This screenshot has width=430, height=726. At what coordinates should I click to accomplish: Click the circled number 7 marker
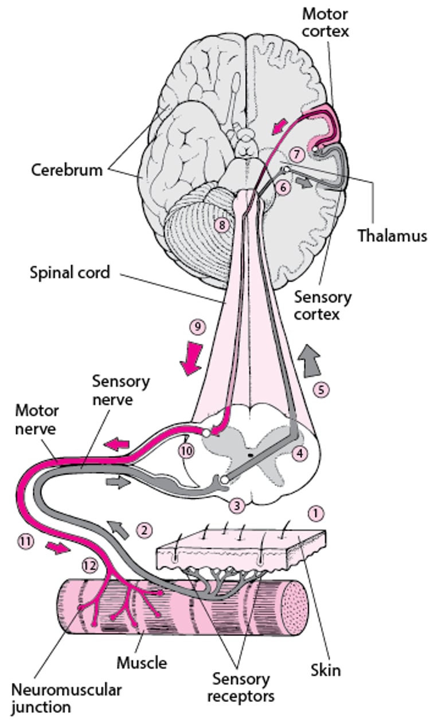(x=295, y=154)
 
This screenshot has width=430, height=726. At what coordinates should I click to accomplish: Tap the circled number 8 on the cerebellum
(x=221, y=225)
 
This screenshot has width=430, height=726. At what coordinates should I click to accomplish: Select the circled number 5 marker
(x=321, y=390)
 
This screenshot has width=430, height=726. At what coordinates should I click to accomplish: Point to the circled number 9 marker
(x=196, y=327)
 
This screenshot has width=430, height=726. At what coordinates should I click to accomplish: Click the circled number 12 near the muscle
(x=88, y=564)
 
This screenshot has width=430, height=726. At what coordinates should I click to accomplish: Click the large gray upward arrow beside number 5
(x=310, y=362)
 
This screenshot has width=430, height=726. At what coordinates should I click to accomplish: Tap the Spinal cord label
(x=69, y=272)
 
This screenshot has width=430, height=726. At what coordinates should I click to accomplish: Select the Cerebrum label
(x=67, y=170)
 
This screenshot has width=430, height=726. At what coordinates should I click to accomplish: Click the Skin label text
(x=325, y=670)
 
